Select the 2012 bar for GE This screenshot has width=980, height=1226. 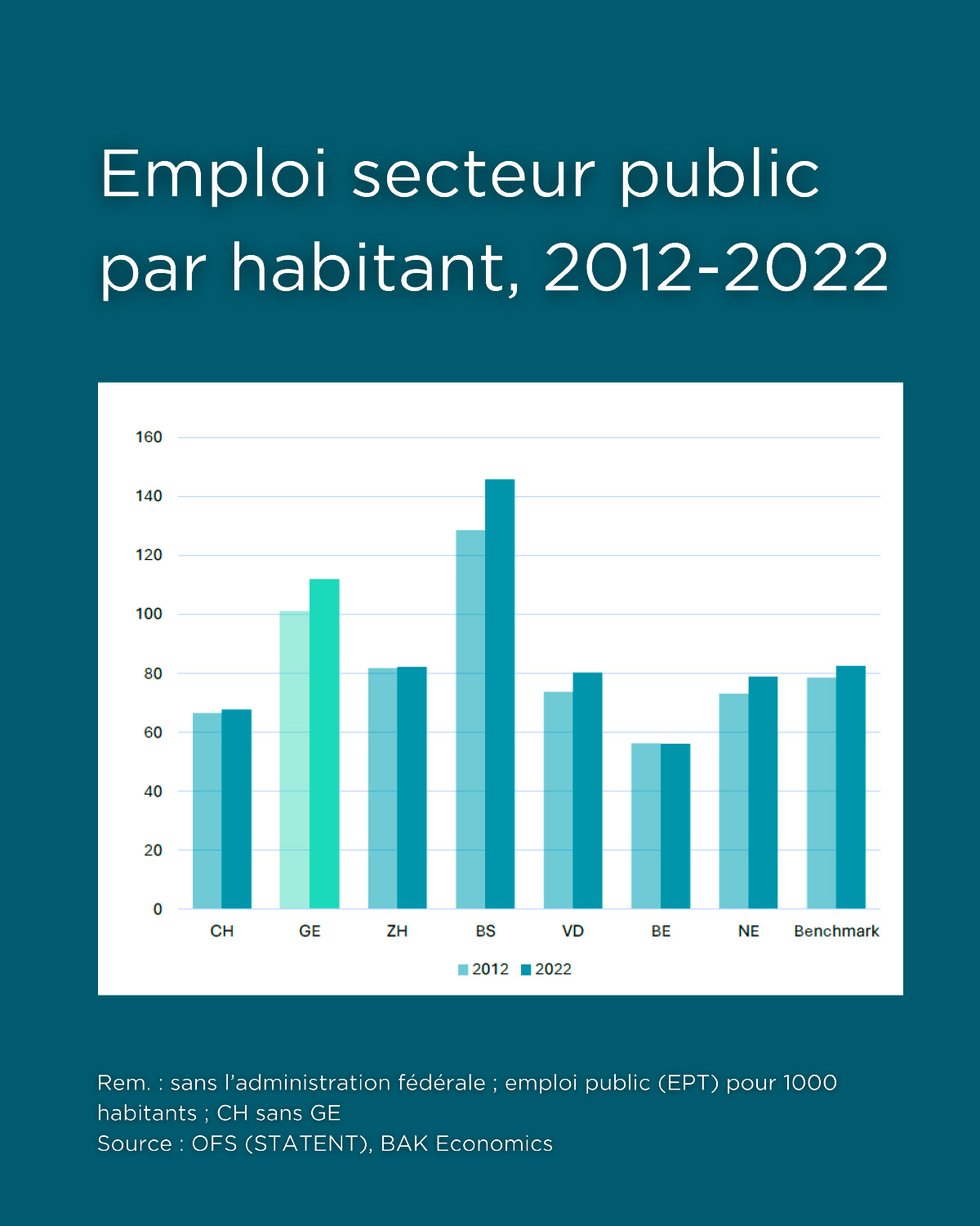(x=294, y=760)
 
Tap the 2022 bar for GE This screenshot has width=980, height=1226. (x=324, y=744)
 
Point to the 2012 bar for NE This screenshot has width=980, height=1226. (x=733, y=801)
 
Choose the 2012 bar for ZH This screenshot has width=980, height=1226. (x=382, y=788)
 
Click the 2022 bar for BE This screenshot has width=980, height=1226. (x=675, y=826)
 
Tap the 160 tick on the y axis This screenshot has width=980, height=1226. (x=149, y=437)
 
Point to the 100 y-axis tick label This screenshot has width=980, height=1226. (x=149, y=614)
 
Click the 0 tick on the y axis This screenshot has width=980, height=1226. (x=158, y=909)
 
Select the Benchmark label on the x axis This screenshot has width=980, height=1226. (x=836, y=931)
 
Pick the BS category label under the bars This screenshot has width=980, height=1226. (x=485, y=931)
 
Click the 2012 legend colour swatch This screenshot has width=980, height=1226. (x=463, y=969)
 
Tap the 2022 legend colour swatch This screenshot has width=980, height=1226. (x=526, y=969)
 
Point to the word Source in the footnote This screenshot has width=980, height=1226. (x=131, y=1143)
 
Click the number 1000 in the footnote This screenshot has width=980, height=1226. (x=809, y=1083)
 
